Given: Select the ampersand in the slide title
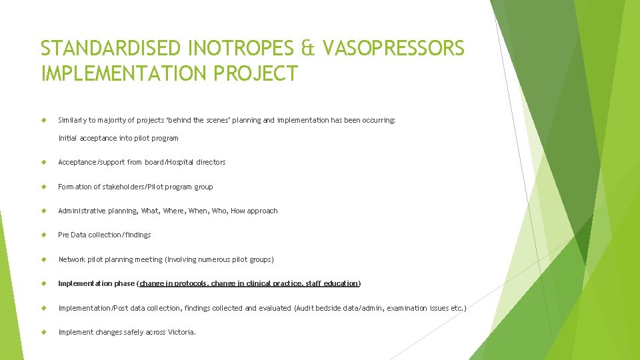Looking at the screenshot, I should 307,49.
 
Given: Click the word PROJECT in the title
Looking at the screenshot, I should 255,73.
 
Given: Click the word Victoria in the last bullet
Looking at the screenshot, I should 182,332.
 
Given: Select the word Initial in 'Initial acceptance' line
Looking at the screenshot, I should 68,138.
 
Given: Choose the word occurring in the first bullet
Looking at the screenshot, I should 379,120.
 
